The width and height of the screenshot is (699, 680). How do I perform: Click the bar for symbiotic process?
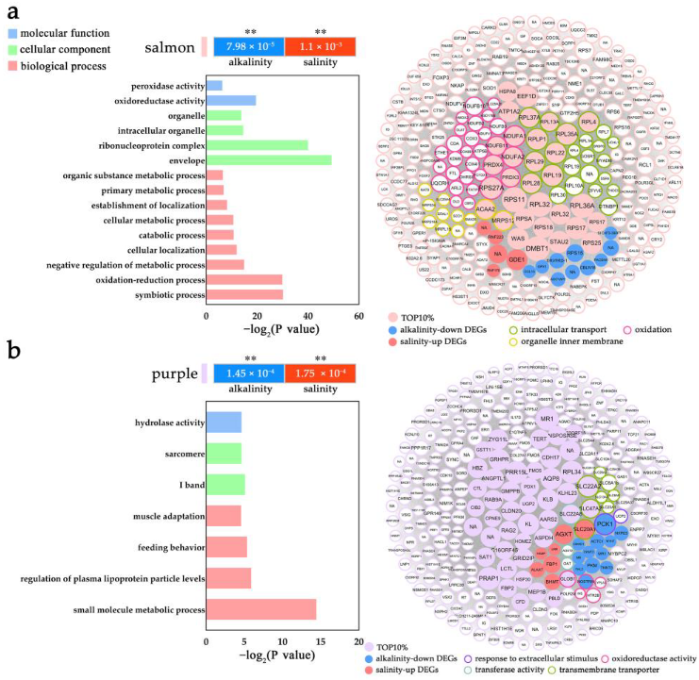[244, 295]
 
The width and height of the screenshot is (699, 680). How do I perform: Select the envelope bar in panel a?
[269, 160]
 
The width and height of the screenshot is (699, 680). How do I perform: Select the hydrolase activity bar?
[224, 423]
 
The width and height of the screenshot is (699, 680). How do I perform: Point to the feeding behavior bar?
[226, 547]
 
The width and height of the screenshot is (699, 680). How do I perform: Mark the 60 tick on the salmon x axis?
[358, 321]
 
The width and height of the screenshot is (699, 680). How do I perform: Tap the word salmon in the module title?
[170, 47]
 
